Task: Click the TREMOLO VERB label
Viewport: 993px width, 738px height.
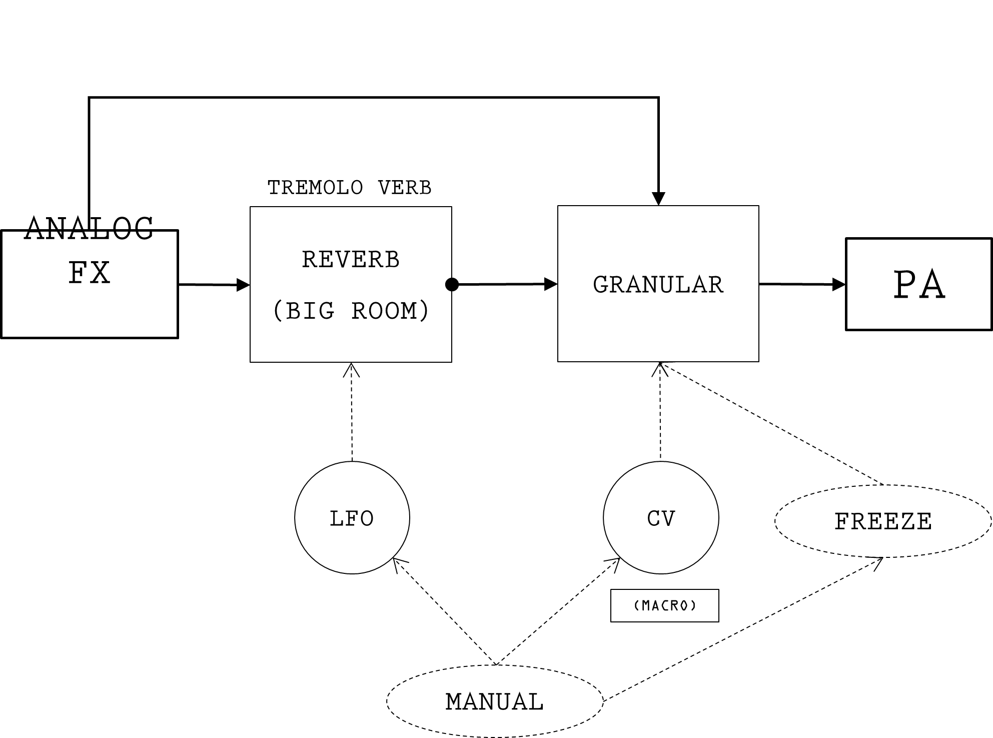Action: point(349,188)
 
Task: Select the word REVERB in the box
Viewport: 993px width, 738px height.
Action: point(351,260)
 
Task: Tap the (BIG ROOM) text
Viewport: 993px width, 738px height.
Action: point(351,311)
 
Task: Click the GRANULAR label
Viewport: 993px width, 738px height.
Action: point(658,285)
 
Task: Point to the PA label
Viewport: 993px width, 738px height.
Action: point(919,285)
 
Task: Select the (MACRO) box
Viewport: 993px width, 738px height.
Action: point(664,605)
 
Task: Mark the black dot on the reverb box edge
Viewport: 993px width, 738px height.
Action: point(452,285)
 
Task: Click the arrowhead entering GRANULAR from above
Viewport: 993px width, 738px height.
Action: point(658,199)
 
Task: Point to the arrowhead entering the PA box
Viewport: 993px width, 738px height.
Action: point(839,285)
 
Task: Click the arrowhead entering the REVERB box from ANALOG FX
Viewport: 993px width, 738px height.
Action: point(243,285)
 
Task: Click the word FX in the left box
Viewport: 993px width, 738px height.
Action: point(89,273)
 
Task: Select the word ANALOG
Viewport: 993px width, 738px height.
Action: point(89,229)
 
